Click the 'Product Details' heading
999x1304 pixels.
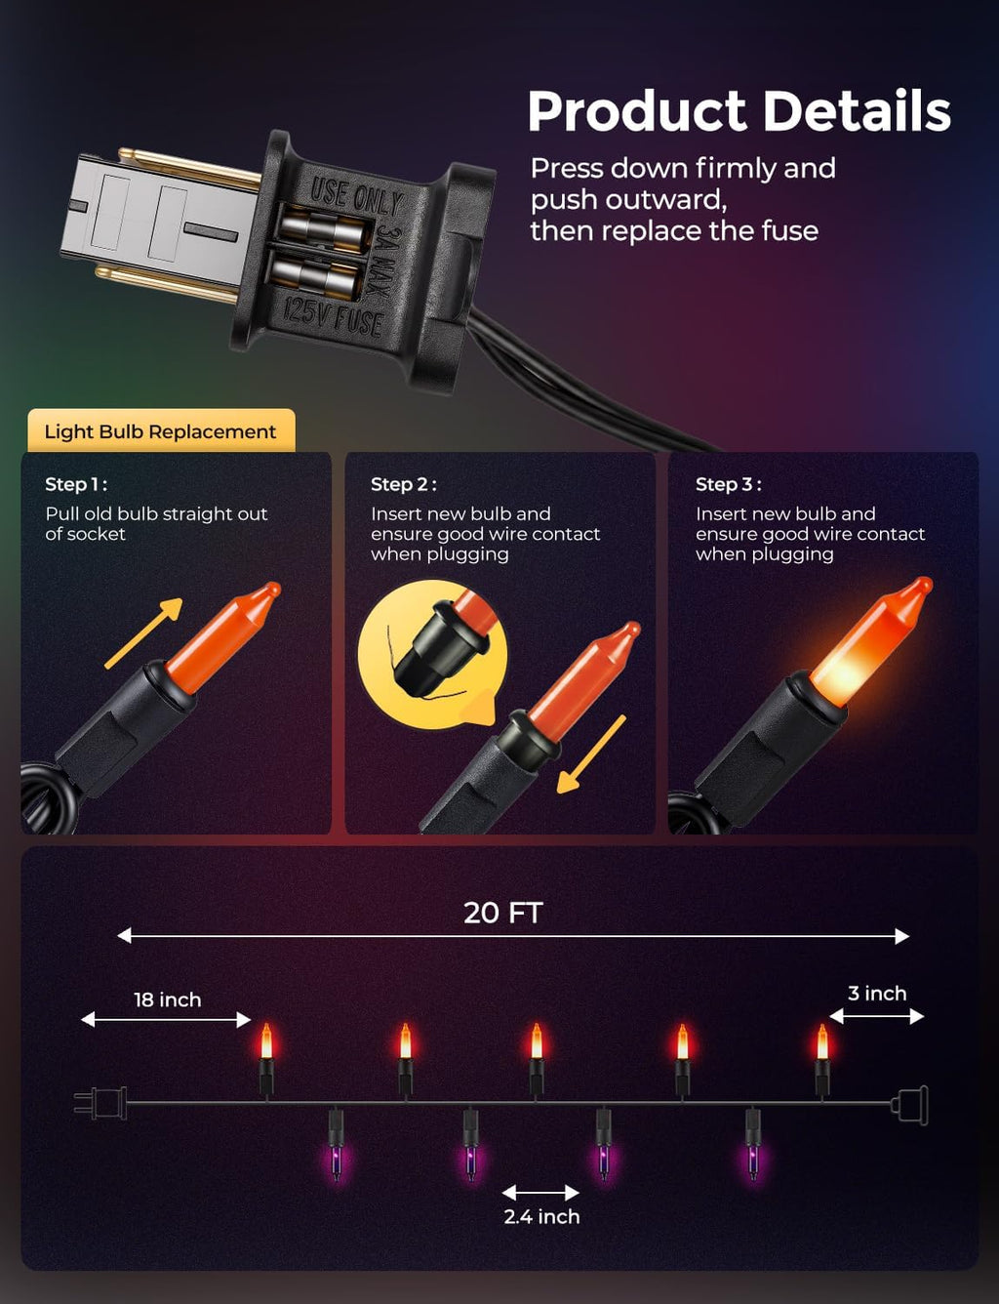coord(739,111)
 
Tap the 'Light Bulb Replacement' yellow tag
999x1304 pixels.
coord(161,430)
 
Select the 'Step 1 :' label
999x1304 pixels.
coord(76,484)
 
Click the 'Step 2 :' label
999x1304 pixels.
coord(404,484)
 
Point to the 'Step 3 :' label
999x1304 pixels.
coord(729,484)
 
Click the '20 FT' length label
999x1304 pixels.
coord(503,913)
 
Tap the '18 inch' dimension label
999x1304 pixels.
coord(167,999)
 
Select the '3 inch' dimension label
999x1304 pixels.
coord(877,994)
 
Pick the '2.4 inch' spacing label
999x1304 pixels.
coord(542,1216)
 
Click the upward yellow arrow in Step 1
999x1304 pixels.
coord(144,632)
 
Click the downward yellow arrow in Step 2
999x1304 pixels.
coord(591,754)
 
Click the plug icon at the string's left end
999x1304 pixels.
coord(100,1103)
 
